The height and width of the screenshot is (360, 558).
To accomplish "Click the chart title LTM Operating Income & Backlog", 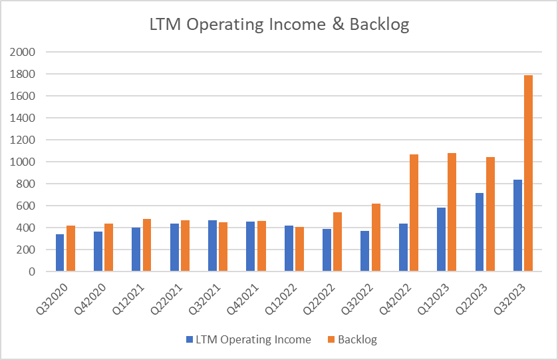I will click(x=279, y=25).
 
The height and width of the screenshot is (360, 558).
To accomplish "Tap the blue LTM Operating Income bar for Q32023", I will click(x=517, y=226).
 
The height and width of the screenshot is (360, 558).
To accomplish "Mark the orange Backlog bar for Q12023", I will click(x=452, y=212).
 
